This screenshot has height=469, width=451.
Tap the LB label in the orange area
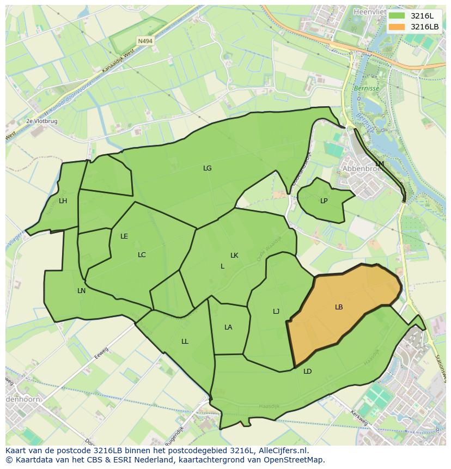pyautogui.click(x=339, y=307)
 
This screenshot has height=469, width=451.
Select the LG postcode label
pyautogui.click(x=207, y=168)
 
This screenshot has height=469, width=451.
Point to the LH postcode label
pyautogui.click(x=63, y=201)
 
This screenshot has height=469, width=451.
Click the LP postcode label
pyautogui.click(x=324, y=201)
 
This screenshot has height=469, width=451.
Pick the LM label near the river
pyautogui.click(x=380, y=164)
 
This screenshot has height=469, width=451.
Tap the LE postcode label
pyautogui.click(x=124, y=236)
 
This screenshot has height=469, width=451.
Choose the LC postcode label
pyautogui.click(x=142, y=255)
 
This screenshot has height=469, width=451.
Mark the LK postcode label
pyautogui.click(x=234, y=255)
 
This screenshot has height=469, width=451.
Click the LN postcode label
pyautogui.click(x=82, y=291)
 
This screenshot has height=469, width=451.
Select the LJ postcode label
pyautogui.click(x=276, y=312)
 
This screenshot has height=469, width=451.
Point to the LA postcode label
pyautogui.click(x=228, y=327)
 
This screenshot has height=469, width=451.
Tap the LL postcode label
pyautogui.click(x=185, y=342)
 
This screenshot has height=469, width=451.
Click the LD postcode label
pyautogui.click(x=308, y=371)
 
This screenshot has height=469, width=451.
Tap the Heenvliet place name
pyautogui.click(x=370, y=11)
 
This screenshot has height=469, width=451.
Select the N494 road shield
pyautogui.click(x=145, y=41)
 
